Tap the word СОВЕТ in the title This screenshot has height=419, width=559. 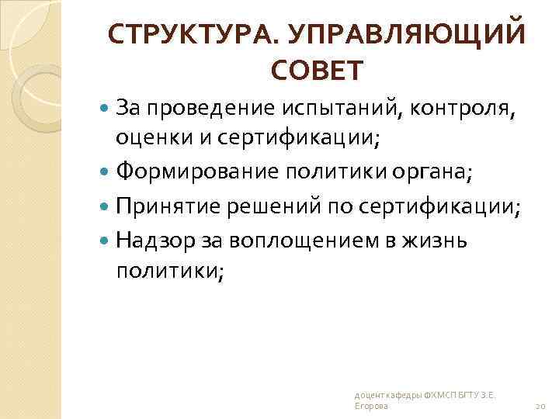pyautogui.click(x=316, y=71)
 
